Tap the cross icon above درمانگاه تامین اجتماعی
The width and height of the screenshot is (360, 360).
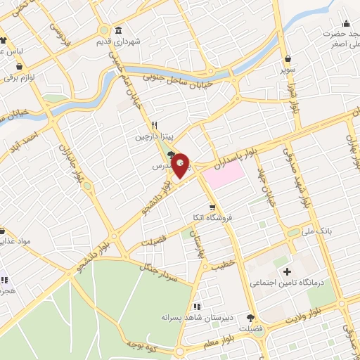pos(286,271)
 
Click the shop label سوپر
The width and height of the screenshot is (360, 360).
pos(288,71)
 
